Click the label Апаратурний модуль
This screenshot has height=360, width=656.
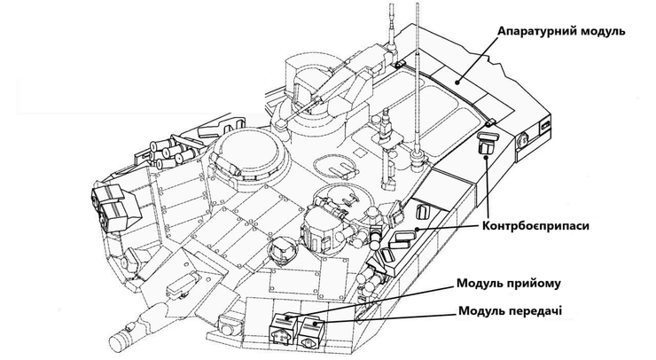(x=561, y=32)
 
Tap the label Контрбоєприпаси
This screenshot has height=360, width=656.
(x=535, y=226)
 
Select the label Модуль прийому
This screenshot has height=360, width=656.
(x=508, y=284)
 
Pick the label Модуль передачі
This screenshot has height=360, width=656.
(x=511, y=311)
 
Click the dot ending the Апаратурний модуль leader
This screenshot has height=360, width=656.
(x=458, y=82)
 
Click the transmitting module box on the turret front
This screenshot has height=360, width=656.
(x=310, y=333)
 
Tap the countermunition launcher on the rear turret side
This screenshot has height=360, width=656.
(x=487, y=143)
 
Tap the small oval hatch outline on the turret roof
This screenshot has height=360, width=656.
(x=336, y=166)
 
